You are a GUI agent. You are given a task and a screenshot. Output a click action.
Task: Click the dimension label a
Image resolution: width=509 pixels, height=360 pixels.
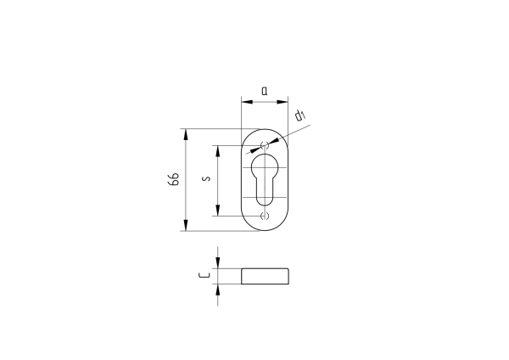click(x=265, y=91)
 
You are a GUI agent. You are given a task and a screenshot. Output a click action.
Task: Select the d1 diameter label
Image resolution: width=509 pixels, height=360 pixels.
click(x=300, y=115)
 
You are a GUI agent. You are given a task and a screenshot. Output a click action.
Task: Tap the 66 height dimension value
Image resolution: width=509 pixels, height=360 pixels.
click(x=174, y=179)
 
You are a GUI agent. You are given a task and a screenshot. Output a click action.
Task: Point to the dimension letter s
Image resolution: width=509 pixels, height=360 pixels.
click(x=206, y=178)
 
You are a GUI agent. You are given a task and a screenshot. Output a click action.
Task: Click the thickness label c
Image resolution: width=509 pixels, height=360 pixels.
click(x=204, y=276)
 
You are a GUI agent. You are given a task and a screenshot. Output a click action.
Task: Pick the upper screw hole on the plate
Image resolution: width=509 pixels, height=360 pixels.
click(x=265, y=145)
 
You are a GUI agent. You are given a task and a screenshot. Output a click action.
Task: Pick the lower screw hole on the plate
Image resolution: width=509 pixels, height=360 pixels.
click(x=265, y=216)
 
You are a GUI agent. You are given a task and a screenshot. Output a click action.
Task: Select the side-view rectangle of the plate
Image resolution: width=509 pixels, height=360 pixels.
click(x=265, y=276)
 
